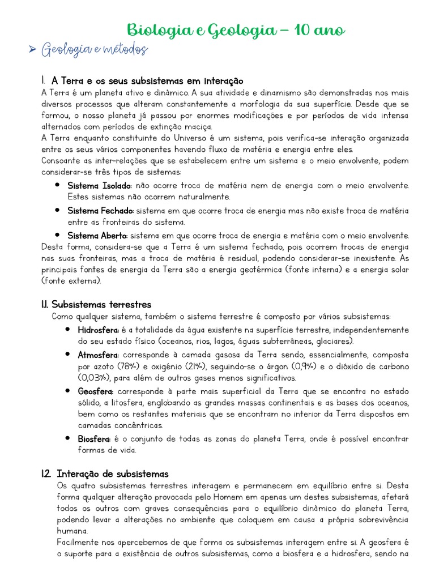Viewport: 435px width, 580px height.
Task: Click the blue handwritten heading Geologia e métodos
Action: pyautogui.click(x=95, y=50)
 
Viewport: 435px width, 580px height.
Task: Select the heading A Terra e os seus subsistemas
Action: pyautogui.click(x=147, y=81)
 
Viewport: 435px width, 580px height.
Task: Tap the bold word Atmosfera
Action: pyautogui.click(x=98, y=355)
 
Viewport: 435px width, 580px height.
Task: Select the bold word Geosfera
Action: pyautogui.click(x=96, y=391)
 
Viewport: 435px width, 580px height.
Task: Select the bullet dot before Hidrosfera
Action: pyautogui.click(x=67, y=330)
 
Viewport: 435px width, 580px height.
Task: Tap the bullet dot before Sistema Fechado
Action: pyautogui.click(x=57, y=210)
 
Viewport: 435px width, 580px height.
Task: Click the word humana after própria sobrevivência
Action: pyautogui.click(x=72, y=531)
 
